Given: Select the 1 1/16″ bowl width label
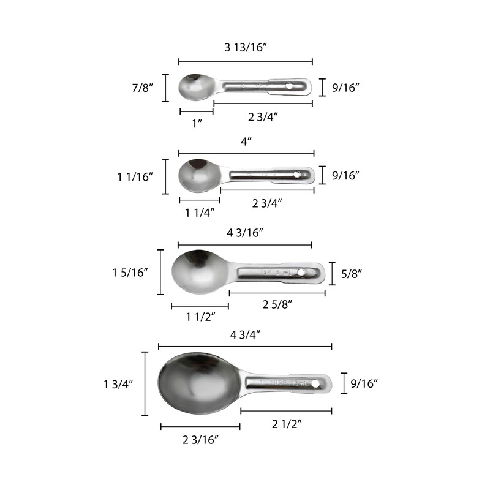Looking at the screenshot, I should (x=135, y=176).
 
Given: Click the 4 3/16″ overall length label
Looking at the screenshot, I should (x=246, y=232).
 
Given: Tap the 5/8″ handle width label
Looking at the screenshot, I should (x=354, y=273).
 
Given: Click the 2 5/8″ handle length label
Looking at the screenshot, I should (x=277, y=304).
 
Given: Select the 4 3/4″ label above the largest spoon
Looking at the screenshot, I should (x=245, y=334).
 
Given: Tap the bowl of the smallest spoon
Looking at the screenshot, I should (x=195, y=88).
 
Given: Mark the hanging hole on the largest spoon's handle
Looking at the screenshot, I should (x=315, y=384).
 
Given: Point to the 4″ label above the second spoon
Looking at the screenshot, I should (x=246, y=141).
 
